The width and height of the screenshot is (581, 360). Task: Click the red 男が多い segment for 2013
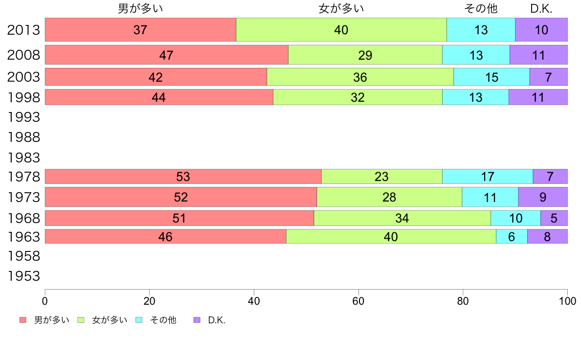(x=140, y=30)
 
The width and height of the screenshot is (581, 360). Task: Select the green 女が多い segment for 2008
(x=365, y=55)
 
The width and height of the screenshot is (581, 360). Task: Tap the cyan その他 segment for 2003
(x=492, y=77)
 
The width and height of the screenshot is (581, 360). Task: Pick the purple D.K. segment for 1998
(x=538, y=97)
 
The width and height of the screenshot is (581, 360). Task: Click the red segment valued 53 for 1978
(x=183, y=176)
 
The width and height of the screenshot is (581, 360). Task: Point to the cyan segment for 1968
(x=515, y=218)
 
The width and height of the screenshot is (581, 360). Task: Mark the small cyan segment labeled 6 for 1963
(x=512, y=236)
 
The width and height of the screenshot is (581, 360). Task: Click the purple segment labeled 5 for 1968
(x=554, y=218)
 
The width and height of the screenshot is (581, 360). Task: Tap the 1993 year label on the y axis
(x=23, y=117)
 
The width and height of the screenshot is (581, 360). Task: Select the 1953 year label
(x=23, y=276)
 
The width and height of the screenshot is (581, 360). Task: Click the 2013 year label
(x=23, y=30)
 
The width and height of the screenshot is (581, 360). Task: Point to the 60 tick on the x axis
(x=358, y=300)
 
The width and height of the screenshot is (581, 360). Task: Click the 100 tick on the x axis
(x=567, y=300)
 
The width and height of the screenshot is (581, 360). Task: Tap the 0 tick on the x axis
(x=45, y=300)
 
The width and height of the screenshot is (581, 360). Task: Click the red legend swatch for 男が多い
(x=22, y=320)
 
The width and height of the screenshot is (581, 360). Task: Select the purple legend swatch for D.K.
(x=197, y=320)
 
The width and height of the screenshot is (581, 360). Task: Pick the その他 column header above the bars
(x=481, y=9)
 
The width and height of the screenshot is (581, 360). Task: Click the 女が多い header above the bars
(x=341, y=9)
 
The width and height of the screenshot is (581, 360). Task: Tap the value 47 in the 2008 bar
(x=166, y=55)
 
